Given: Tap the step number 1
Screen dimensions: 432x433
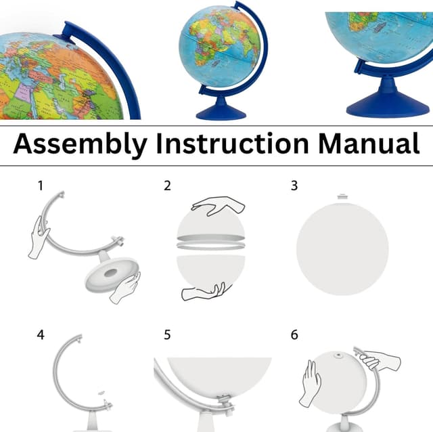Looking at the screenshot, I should [40, 185].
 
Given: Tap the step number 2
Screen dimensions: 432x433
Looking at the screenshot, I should [167, 186].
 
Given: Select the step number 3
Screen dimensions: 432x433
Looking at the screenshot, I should [294, 186].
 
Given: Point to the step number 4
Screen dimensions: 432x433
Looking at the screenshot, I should [41, 335].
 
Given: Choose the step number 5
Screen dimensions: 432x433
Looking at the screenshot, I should [167, 335].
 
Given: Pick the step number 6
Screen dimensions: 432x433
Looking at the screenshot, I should [294, 335].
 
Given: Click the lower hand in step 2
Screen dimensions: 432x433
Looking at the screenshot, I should [203, 292].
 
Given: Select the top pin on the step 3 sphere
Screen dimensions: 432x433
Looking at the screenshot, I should [342, 197].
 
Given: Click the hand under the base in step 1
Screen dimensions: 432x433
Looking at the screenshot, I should [125, 288].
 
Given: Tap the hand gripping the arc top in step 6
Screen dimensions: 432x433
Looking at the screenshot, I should [378, 360].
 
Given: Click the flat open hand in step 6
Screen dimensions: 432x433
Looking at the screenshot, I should [311, 383].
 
